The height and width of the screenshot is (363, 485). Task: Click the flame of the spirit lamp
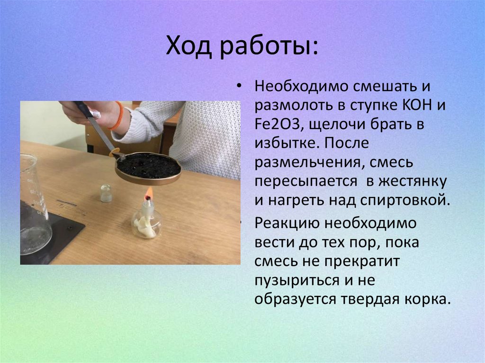[x=149, y=193]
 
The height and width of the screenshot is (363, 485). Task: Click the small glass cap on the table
[x=106, y=194]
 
